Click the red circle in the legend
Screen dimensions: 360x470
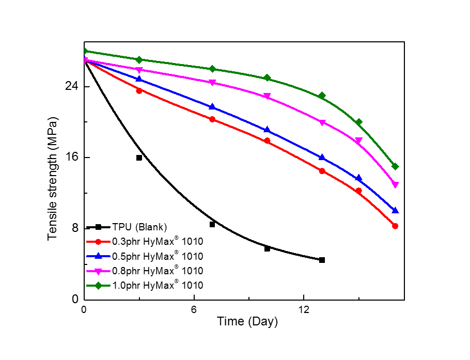98,242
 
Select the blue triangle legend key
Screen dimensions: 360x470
98,256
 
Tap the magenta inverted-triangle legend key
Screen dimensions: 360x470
98,271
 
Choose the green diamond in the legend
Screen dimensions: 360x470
98,285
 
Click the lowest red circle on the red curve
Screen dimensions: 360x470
395,226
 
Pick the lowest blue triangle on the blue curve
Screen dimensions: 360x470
395,210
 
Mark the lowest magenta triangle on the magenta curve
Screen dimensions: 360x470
395,185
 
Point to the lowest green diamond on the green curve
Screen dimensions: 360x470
395,166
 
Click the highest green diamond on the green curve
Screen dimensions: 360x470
85,51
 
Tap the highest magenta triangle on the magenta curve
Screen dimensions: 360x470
85,60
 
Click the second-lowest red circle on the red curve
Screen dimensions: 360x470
358,191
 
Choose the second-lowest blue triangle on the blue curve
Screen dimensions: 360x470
358,178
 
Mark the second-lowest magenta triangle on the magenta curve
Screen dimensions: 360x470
358,140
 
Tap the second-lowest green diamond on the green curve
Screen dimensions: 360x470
358,122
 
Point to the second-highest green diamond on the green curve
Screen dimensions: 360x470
139,60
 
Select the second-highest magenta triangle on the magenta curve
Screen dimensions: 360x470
139,70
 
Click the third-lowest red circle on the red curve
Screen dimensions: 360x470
322,170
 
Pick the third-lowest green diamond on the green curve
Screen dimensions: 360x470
322,96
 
